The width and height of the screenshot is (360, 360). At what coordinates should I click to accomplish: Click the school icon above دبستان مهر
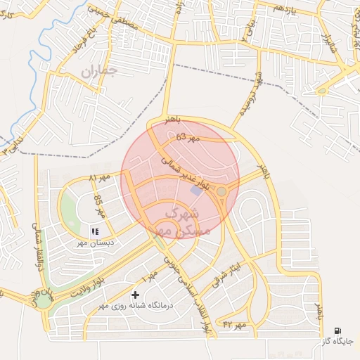[x=96, y=231]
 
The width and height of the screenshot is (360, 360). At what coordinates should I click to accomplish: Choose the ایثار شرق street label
[x=231, y=273]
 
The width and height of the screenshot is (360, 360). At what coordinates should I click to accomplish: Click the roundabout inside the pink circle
[x=221, y=191]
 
